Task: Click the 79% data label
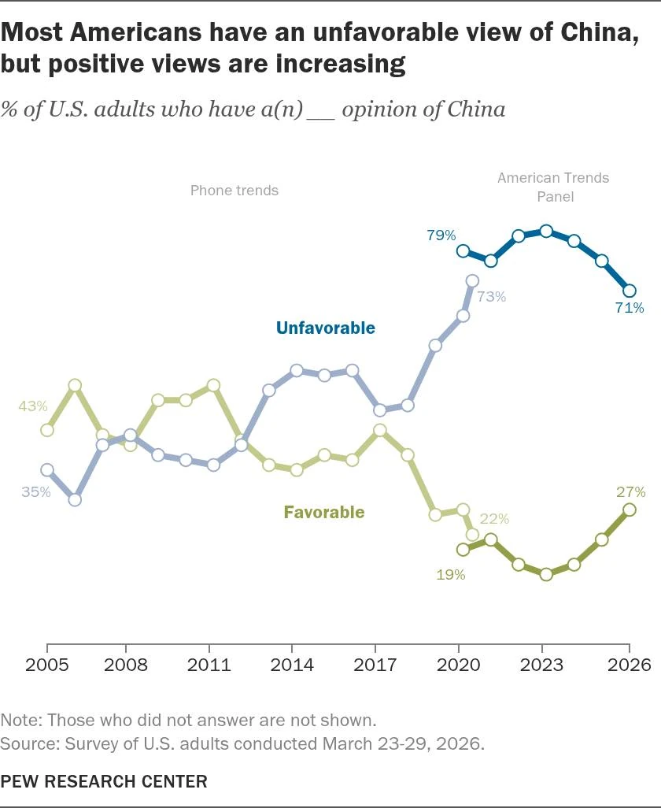coord(441,235)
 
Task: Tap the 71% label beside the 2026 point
coord(630,307)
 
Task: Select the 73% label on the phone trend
coord(491,297)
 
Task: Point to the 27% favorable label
coord(631,492)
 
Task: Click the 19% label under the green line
coord(451,574)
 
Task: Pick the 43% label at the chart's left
coord(34,406)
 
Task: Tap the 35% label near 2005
coord(36,491)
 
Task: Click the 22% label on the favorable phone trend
coord(495,519)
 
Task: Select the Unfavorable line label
coord(325,328)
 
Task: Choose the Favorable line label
coord(324,512)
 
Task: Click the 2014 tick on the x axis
coord(295,665)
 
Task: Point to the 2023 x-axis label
coord(546,665)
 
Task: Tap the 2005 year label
coord(46,665)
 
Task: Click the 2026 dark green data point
coord(630,510)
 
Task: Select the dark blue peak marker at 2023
coord(546,231)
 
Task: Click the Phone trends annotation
coord(234,190)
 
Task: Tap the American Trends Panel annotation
coord(553,187)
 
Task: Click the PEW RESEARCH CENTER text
coord(104,781)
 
